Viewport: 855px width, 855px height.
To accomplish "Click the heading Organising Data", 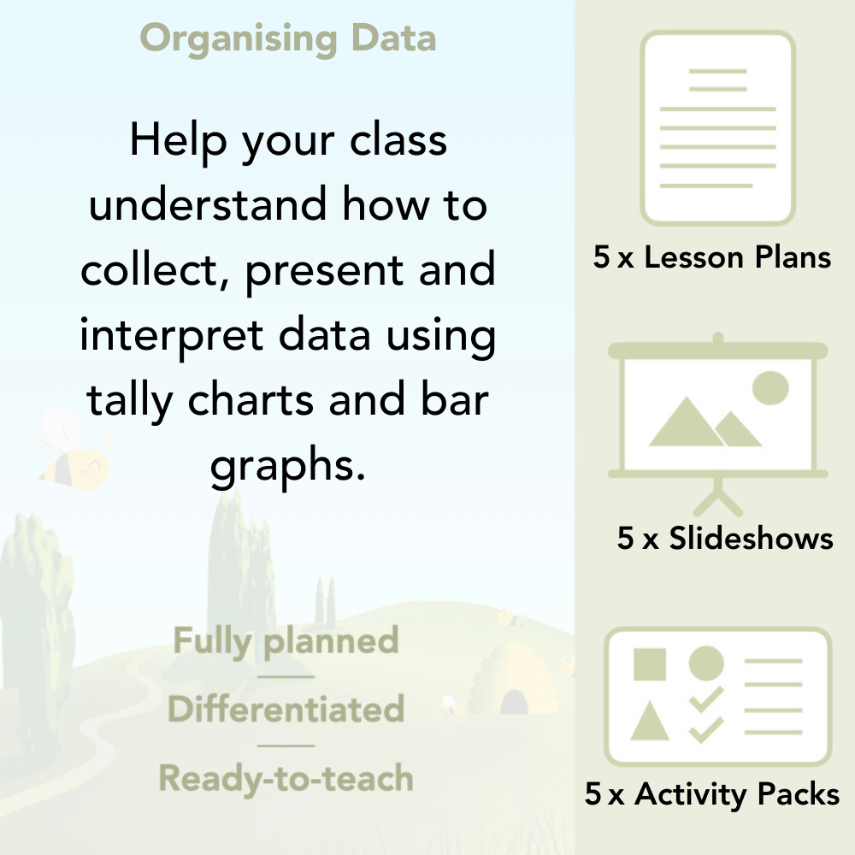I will click(287, 39).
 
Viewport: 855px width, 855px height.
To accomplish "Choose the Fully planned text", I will click(286, 641).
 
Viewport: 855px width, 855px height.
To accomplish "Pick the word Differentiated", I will click(286, 710).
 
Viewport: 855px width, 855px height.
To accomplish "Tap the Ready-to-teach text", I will click(286, 778).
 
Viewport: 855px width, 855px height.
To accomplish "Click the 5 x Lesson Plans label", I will click(712, 257).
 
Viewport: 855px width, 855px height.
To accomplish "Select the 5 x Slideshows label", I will click(725, 538).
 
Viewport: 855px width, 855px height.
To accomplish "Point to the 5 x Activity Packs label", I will click(712, 794).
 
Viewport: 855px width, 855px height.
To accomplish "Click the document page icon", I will click(718, 127).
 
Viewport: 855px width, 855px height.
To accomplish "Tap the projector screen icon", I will click(718, 410).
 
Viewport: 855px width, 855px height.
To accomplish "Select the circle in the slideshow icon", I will click(769, 387).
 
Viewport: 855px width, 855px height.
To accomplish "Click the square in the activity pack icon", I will click(650, 664).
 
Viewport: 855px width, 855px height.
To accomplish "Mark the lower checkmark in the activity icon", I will click(706, 730).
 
